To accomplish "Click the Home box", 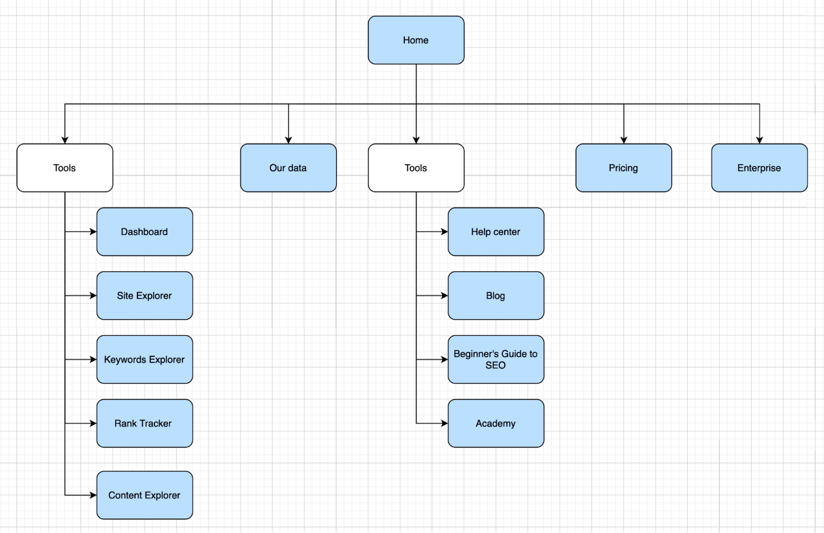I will (x=416, y=40).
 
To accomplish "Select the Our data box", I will (x=288, y=168).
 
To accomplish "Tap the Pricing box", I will (x=623, y=168).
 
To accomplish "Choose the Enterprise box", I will (x=759, y=168).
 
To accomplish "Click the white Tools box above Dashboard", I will (x=64, y=168).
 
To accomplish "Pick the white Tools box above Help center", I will (x=416, y=168).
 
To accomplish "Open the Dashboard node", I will (x=144, y=232).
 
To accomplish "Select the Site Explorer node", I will (x=144, y=296).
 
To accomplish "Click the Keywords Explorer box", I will (x=144, y=359).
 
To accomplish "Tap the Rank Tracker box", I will (x=144, y=423).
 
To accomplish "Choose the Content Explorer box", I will (x=144, y=495).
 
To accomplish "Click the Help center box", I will (x=495, y=232).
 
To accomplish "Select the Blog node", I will (x=495, y=296).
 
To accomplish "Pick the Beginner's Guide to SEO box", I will (x=495, y=359).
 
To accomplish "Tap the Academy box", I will (x=495, y=423).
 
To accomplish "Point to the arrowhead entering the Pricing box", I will (x=624, y=140).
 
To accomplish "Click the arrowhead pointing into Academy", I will (x=444, y=423).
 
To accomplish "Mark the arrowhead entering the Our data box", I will (x=288, y=140).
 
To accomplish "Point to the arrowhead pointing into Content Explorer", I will (x=93, y=495).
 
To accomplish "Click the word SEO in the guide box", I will (x=495, y=365).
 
